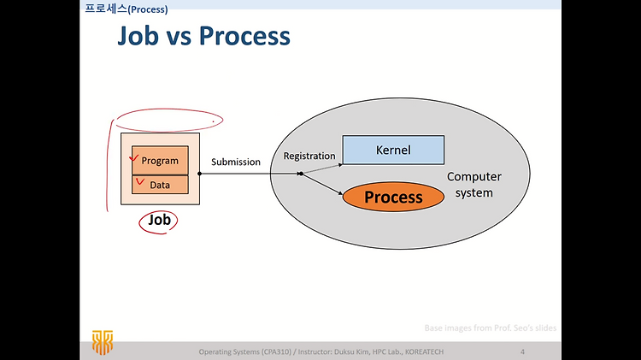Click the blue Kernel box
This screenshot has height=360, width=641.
(x=393, y=150)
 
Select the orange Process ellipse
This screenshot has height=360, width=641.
(x=393, y=197)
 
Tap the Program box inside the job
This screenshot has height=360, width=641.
(x=161, y=160)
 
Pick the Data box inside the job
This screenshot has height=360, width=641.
(x=161, y=185)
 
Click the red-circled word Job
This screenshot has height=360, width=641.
(x=159, y=220)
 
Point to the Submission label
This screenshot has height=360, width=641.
(x=236, y=162)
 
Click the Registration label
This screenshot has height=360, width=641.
(x=309, y=156)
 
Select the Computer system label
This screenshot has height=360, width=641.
(x=473, y=185)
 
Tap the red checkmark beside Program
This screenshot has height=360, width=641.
(x=133, y=157)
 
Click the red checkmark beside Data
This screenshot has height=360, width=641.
(x=140, y=181)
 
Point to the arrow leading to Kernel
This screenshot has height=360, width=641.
(x=321, y=169)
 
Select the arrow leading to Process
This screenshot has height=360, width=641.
(x=321, y=184)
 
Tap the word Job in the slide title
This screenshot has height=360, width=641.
(x=138, y=36)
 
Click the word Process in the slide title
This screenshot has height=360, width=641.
(x=244, y=36)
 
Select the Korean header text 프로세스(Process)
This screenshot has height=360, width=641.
(x=126, y=9)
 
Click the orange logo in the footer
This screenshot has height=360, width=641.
(x=103, y=342)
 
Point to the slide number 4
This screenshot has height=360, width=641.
(x=522, y=351)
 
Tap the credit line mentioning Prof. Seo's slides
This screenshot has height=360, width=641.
(x=491, y=328)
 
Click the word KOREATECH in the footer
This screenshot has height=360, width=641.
(x=424, y=351)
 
